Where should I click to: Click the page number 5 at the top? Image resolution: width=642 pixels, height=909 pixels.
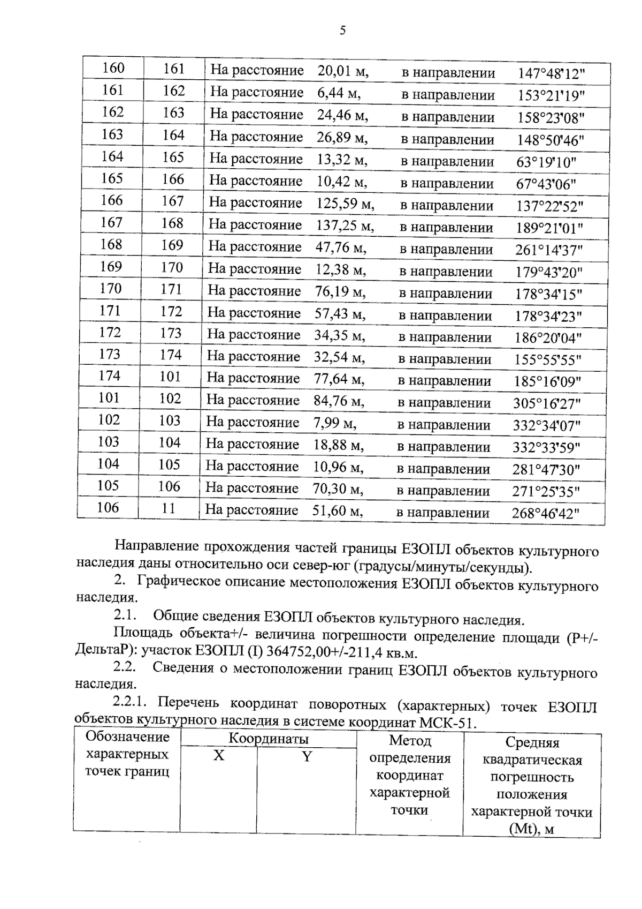click(x=342, y=31)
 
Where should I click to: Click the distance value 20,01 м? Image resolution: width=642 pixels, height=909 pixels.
click(x=343, y=71)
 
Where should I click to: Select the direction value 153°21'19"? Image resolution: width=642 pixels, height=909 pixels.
click(x=551, y=96)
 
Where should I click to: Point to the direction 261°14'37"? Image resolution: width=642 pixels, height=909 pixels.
click(x=549, y=250)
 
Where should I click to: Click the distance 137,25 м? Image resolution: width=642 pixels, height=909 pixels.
click(x=345, y=226)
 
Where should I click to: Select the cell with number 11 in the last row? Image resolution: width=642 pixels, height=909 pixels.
click(x=169, y=508)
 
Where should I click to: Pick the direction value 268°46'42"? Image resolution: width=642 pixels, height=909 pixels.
click(x=546, y=514)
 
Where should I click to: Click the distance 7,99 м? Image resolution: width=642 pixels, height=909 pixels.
click(x=335, y=423)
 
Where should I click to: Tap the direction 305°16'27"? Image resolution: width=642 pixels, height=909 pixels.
click(x=547, y=404)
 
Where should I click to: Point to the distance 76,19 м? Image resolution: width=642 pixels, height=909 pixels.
click(x=340, y=292)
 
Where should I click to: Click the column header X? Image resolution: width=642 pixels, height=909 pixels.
click(x=219, y=756)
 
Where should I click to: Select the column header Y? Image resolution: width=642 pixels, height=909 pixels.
click(x=307, y=757)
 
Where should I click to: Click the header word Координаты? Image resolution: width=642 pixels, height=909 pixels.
click(x=269, y=739)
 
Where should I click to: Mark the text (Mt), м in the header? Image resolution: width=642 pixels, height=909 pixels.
click(x=531, y=829)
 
